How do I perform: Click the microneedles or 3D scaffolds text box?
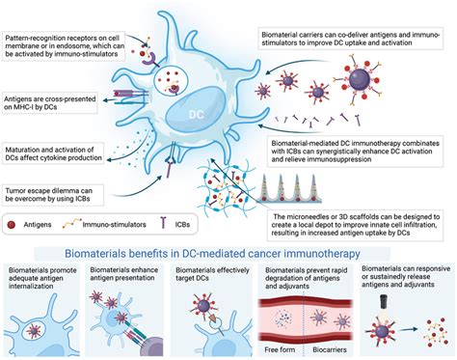pos(354,225)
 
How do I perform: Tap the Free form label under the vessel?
pos(287,344)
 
